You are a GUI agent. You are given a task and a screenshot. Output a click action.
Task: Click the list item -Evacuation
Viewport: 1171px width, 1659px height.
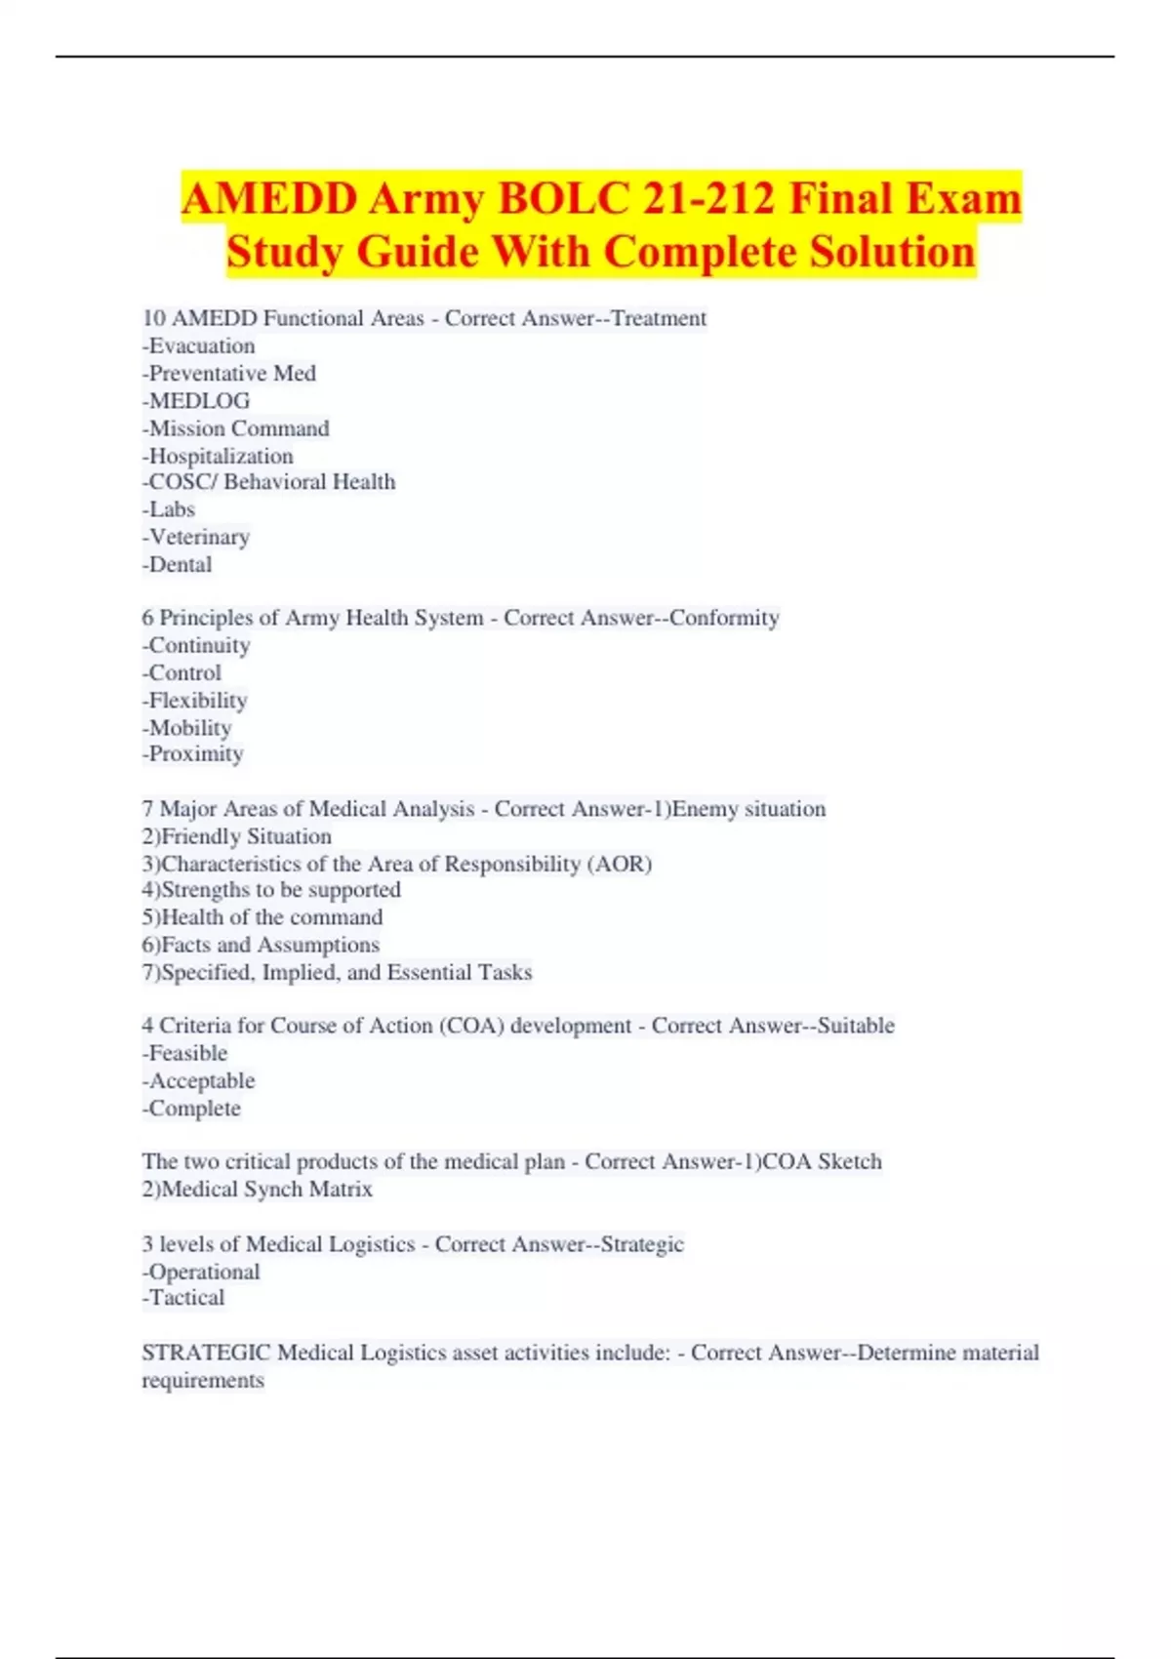[198, 345]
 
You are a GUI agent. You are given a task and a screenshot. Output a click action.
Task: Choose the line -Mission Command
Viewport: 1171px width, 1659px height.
[235, 427]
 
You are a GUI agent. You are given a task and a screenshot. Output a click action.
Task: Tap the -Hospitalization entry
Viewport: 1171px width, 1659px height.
[217, 456]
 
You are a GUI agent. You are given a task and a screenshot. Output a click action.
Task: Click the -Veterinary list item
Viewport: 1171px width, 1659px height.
[195, 537]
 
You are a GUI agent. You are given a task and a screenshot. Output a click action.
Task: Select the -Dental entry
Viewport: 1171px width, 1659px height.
[177, 564]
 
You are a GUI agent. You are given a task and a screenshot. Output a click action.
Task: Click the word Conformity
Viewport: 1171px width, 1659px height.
[724, 618]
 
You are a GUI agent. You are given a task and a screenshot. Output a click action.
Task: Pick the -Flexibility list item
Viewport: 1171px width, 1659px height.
[194, 700]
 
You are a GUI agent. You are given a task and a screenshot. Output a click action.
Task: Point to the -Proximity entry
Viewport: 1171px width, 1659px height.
[192, 753]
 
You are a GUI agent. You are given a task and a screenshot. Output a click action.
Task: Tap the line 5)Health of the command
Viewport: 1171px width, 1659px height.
[262, 917]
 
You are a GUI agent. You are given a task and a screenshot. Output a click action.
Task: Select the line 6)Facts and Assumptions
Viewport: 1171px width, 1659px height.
[261, 945]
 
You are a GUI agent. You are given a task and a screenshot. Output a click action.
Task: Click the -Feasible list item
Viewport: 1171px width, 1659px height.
[184, 1053]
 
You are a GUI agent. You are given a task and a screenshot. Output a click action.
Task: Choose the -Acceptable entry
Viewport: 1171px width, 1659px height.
[198, 1080]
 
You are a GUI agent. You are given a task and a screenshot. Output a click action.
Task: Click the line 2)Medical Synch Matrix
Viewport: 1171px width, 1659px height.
[257, 1189]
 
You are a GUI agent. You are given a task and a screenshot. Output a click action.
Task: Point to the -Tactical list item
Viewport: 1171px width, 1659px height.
[183, 1298]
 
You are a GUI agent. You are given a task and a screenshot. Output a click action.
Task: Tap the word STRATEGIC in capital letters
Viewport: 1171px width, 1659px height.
[206, 1353]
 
